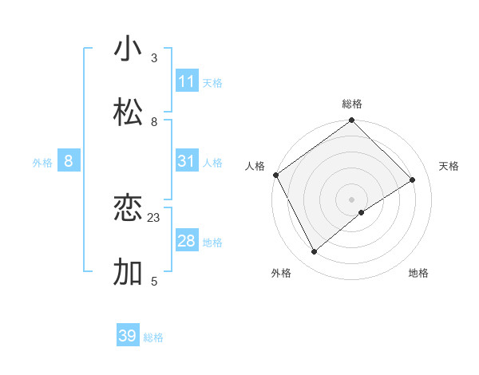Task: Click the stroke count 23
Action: pyautogui.click(x=154, y=217)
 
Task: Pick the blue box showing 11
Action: pyautogui.click(x=187, y=81)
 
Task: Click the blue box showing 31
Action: pyautogui.click(x=187, y=161)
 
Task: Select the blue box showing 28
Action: pyautogui.click(x=187, y=241)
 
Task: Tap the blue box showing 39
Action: pyautogui.click(x=128, y=336)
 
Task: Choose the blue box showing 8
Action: pyautogui.click(x=69, y=161)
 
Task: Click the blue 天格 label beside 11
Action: pyautogui.click(x=212, y=82)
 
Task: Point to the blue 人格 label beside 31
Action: pyautogui.click(x=212, y=162)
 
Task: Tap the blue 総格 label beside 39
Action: pyautogui.click(x=153, y=337)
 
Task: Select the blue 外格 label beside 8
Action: pyautogui.click(x=42, y=162)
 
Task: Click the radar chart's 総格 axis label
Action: pyautogui.click(x=352, y=104)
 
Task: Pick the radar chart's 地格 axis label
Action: pyautogui.click(x=418, y=274)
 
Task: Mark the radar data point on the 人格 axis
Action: pyautogui.click(x=275, y=175)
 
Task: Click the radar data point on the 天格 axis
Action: pyautogui.click(x=413, y=180)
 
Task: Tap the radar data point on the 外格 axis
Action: pyautogui.click(x=315, y=252)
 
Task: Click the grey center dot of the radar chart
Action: pyautogui.click(x=352, y=199)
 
